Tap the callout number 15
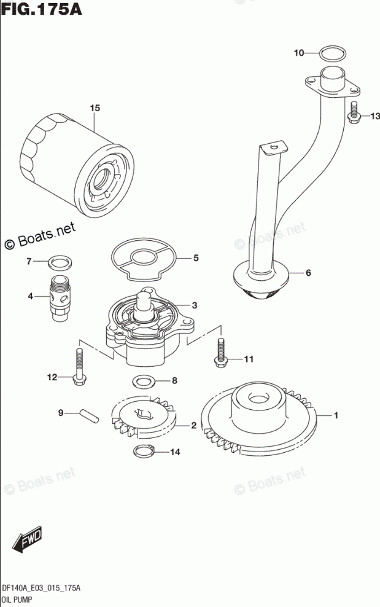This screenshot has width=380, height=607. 94,109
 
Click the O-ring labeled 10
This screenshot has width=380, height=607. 332,53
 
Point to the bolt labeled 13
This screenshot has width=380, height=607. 354,114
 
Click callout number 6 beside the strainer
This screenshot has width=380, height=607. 308,273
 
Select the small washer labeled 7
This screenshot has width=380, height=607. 58,264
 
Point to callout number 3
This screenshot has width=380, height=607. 193,305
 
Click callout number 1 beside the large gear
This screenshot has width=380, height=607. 336,417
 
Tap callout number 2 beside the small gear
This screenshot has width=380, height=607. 193,425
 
